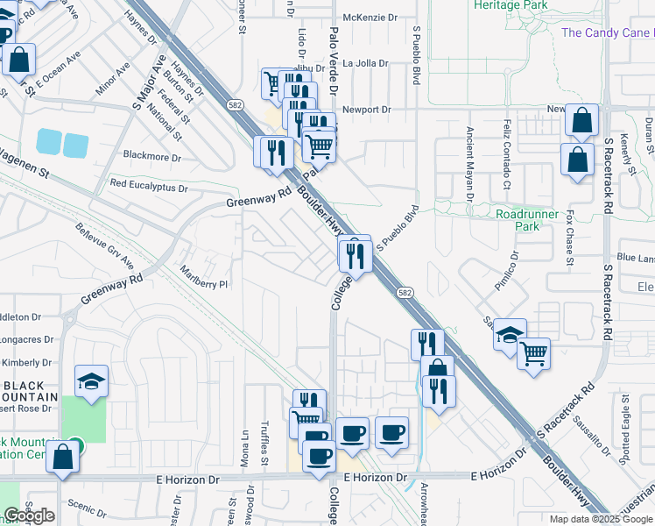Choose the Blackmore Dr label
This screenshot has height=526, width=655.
coord(151,158)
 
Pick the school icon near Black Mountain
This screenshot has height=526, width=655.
coord(91,380)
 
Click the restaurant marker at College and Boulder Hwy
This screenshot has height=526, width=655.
coord(356,254)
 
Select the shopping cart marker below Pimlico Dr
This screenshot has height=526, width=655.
coord(533,354)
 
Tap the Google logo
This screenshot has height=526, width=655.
coord(29,515)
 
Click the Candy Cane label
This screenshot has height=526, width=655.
coord(607,33)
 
